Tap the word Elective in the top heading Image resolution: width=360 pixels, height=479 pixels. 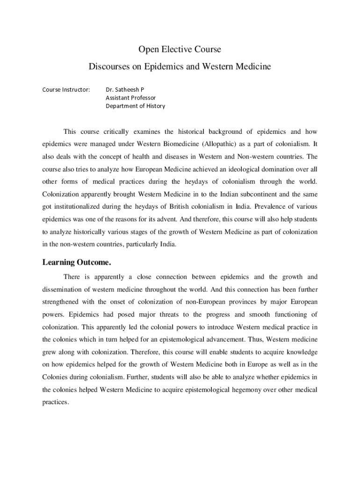click(x=176, y=49)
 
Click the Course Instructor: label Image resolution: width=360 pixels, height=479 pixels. click(x=66, y=89)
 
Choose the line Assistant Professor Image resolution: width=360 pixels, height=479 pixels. click(x=130, y=97)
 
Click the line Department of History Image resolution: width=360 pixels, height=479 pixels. click(x=135, y=106)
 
